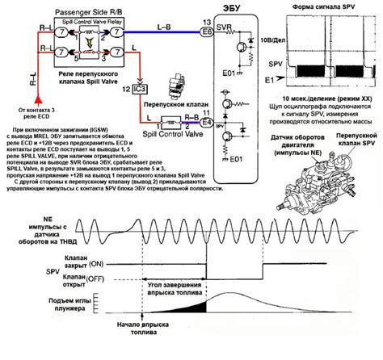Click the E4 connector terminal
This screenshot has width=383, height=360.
tap(206, 123)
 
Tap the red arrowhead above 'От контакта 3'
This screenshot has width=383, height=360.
tap(32, 96)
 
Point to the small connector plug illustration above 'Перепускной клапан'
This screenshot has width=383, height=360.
tap(174, 88)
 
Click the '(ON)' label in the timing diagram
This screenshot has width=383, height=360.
tap(101, 263)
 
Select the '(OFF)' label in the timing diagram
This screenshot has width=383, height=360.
tap(103, 279)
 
